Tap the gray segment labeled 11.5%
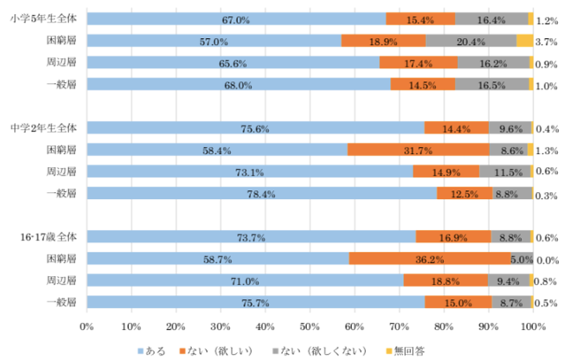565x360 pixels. (x=504, y=171)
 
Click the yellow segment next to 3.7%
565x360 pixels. (x=524, y=41)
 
